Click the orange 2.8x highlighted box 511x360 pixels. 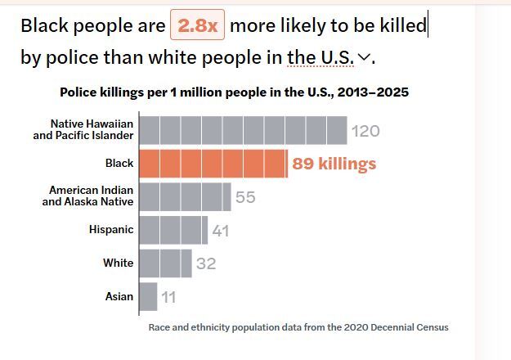(x=197, y=25)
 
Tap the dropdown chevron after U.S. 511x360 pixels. (x=365, y=57)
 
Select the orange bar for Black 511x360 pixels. (x=213, y=164)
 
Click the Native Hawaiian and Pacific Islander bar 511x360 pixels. (x=243, y=130)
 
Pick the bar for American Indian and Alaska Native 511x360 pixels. (x=185, y=196)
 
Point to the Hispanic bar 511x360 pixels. (x=173, y=230)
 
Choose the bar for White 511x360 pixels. (x=165, y=263)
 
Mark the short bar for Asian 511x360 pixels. (x=148, y=296)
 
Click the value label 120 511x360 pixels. (x=365, y=131)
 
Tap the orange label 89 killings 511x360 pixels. (x=334, y=164)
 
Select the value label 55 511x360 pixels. (x=245, y=197)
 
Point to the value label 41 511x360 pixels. (x=221, y=231)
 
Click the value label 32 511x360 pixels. (x=205, y=264)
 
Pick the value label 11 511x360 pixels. (x=168, y=297)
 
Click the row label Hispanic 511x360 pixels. (x=111, y=230)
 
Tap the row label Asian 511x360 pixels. (x=119, y=296)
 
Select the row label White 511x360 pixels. (x=118, y=263)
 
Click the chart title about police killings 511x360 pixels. (x=234, y=92)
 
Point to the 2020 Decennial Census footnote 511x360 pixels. (x=298, y=327)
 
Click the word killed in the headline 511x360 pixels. (x=403, y=25)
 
